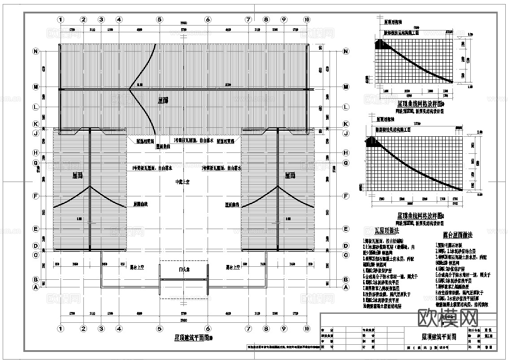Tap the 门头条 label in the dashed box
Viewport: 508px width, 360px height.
tap(183, 270)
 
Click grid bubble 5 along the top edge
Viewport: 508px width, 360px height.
tap(159, 20)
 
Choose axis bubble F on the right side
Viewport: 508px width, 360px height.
tap(346, 196)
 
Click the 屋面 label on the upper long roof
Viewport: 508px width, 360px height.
tap(163, 100)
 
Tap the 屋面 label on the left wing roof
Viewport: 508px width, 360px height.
tap(77, 176)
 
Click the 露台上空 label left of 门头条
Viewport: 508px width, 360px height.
tap(136, 267)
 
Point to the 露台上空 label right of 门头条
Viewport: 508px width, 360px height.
tap(233, 267)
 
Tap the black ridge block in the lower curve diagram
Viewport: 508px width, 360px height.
tap(372, 142)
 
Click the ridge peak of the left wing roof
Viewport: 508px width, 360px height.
tap(91, 186)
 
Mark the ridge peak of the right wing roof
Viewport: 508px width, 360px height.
tap(278, 186)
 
